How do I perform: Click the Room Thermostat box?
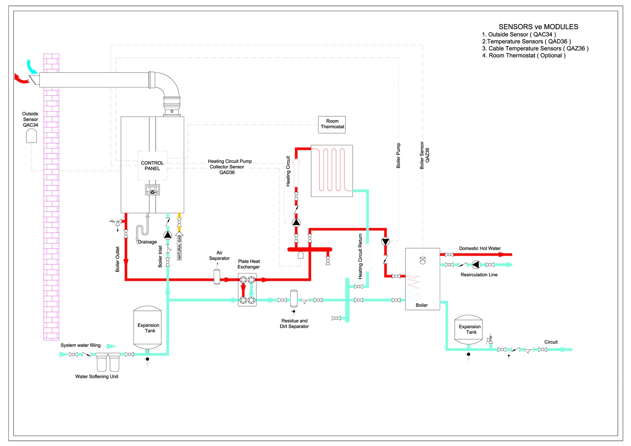(332, 125)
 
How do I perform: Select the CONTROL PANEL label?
(152, 165)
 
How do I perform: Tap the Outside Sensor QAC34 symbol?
(31, 136)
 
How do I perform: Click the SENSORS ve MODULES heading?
(538, 27)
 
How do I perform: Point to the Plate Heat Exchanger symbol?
(247, 291)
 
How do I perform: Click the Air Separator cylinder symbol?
(217, 277)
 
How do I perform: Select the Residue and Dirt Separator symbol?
(294, 299)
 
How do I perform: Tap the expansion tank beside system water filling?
(147, 328)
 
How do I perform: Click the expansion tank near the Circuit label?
(469, 329)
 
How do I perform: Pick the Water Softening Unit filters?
(108, 362)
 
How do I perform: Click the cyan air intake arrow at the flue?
(31, 66)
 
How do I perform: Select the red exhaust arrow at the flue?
(21, 79)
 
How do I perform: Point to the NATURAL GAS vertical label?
(179, 247)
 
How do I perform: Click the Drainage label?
(147, 242)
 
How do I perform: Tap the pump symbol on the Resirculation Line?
(476, 265)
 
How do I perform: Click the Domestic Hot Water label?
(480, 248)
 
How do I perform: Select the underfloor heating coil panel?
(332, 171)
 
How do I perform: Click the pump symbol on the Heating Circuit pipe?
(296, 222)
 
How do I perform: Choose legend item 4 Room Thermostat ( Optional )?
(524, 56)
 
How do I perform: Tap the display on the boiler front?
(152, 190)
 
